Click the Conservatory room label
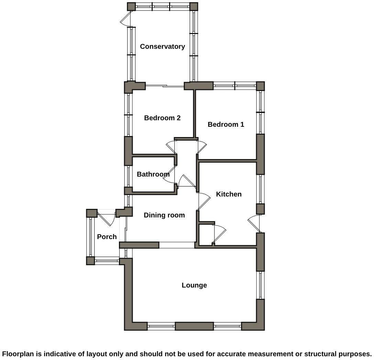162,46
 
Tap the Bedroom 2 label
162,118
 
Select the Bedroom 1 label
226,124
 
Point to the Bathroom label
153,174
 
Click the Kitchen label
229,194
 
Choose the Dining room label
164,215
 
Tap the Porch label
107,237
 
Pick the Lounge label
194,285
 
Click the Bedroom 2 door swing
171,147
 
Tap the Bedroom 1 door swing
202,147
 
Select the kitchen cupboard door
219,234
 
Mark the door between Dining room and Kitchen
204,201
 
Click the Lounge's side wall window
261,285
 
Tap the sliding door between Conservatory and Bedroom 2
165,86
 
